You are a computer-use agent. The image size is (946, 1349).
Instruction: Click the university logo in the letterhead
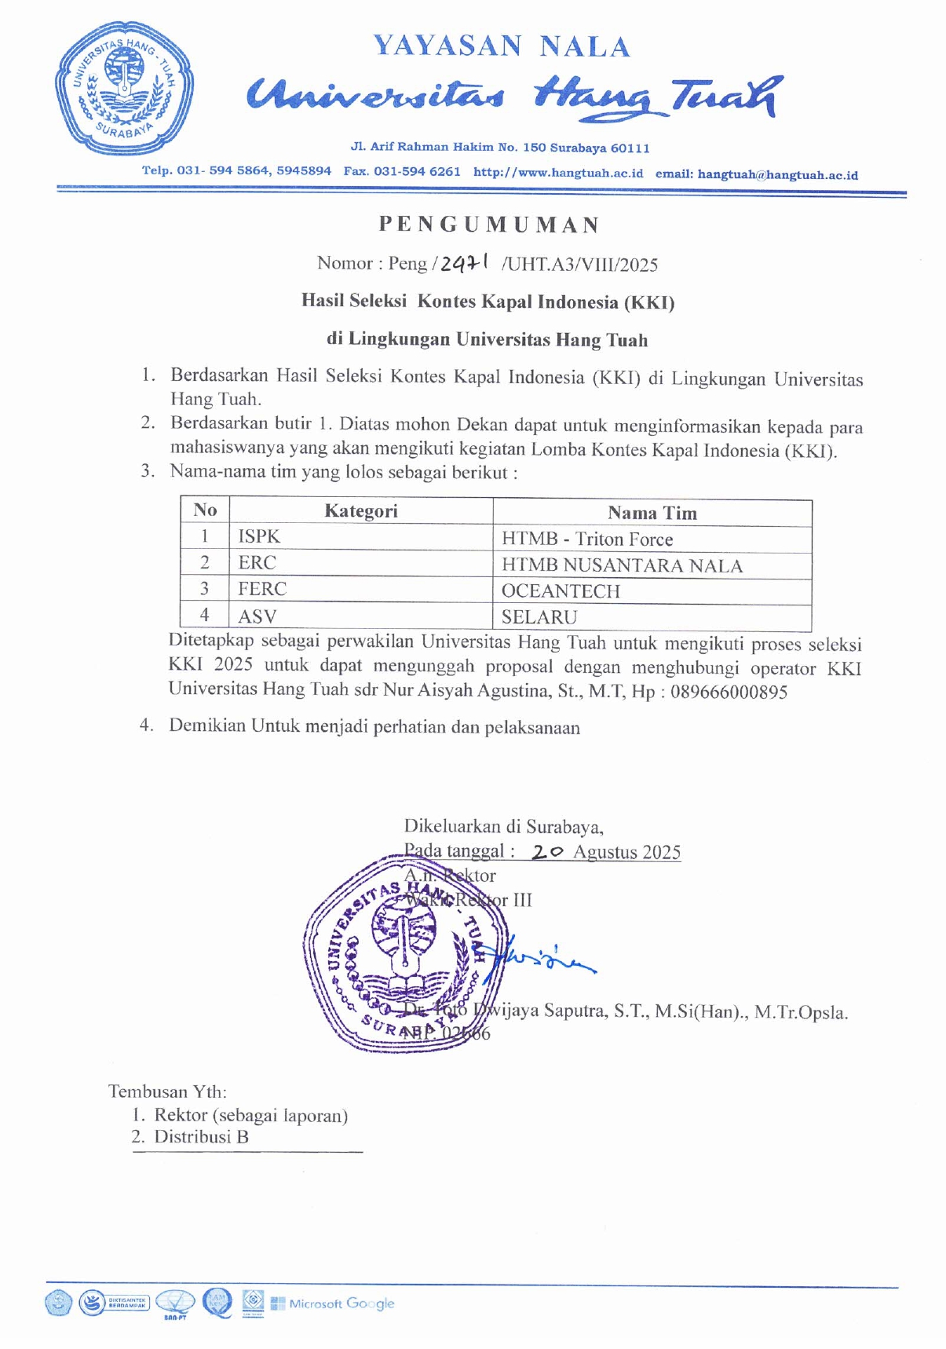coord(124,87)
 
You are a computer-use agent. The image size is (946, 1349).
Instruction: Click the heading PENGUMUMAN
coord(489,225)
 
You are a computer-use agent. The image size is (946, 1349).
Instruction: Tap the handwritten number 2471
coord(464,264)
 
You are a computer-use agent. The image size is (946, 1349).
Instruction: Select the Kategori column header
coord(360,511)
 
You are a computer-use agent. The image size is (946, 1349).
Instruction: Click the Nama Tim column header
coord(652,513)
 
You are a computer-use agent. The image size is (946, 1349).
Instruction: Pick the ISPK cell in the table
coord(259,536)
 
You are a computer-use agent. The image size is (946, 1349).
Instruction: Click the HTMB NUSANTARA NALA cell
coord(622,565)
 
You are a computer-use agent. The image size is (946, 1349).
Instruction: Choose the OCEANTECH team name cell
coord(561,591)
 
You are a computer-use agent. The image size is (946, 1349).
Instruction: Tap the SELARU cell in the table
coord(539,617)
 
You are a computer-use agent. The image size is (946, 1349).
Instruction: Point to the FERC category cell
coord(262,589)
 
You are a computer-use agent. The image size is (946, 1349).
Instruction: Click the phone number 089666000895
coord(729,692)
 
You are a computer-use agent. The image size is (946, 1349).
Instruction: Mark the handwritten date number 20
coord(547,852)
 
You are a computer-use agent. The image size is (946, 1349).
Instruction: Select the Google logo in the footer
coord(371,1303)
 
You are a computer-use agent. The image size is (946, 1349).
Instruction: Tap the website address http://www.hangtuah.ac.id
coord(558,173)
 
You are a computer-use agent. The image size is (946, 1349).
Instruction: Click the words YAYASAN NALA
coord(502,46)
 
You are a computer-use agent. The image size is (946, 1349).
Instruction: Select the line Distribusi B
coord(201,1136)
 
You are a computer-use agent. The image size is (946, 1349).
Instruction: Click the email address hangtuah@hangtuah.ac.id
coord(777,174)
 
